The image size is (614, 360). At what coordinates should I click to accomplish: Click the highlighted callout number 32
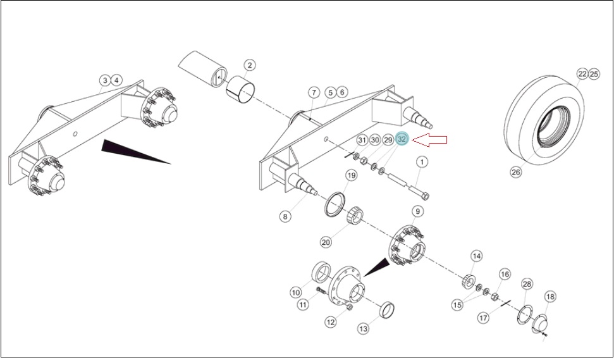[402, 139]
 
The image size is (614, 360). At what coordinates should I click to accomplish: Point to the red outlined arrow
[430, 140]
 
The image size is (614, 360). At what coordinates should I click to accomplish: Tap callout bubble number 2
[249, 65]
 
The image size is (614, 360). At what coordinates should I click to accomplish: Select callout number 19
[351, 175]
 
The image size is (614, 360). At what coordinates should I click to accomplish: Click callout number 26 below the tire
[517, 171]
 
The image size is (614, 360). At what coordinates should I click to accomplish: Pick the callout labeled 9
[418, 211]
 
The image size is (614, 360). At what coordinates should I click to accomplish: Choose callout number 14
[476, 257]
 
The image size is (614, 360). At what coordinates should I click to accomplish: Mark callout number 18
[550, 297]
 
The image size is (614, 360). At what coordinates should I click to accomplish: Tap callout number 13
[364, 329]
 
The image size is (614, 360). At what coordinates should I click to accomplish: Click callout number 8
[285, 216]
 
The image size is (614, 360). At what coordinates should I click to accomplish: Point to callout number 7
[313, 93]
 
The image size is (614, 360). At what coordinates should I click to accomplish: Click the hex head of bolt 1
[426, 196]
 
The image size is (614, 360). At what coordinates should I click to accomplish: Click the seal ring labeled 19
[334, 204]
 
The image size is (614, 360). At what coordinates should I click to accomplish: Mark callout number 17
[484, 318]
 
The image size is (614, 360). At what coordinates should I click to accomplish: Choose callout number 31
[362, 140]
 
